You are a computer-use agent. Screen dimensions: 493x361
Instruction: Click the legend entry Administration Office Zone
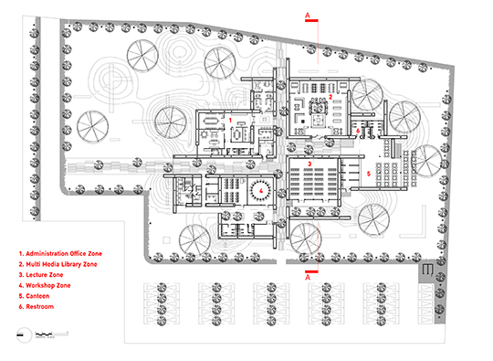coord(60,254)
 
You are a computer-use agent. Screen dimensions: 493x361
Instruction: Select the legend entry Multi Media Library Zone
coord(58,264)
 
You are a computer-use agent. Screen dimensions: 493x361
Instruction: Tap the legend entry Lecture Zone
coord(41,275)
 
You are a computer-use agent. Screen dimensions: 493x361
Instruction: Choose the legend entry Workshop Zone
coord(45,285)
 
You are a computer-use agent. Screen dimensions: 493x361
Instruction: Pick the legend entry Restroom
coord(37,306)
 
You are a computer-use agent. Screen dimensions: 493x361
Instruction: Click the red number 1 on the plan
coord(230,121)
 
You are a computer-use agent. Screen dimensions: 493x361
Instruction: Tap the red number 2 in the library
coord(330,97)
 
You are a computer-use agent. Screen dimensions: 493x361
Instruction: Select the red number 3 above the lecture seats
coord(309,164)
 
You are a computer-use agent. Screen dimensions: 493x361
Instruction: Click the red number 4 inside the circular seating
coord(260,190)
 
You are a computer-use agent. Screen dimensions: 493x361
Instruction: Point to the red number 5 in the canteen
coord(369,174)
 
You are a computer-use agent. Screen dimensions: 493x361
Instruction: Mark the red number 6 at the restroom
coord(358,131)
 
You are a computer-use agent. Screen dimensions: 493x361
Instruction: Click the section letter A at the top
coord(308,16)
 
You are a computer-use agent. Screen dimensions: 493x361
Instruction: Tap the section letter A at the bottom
coord(308,277)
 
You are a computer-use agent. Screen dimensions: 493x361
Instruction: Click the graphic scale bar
coord(52,334)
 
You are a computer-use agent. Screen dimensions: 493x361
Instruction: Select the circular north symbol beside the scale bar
coord(24,334)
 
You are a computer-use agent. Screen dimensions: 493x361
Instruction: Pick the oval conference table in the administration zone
coord(213,121)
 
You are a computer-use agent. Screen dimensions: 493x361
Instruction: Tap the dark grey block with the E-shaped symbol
coord(427,271)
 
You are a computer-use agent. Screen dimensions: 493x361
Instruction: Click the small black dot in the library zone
coord(303,122)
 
